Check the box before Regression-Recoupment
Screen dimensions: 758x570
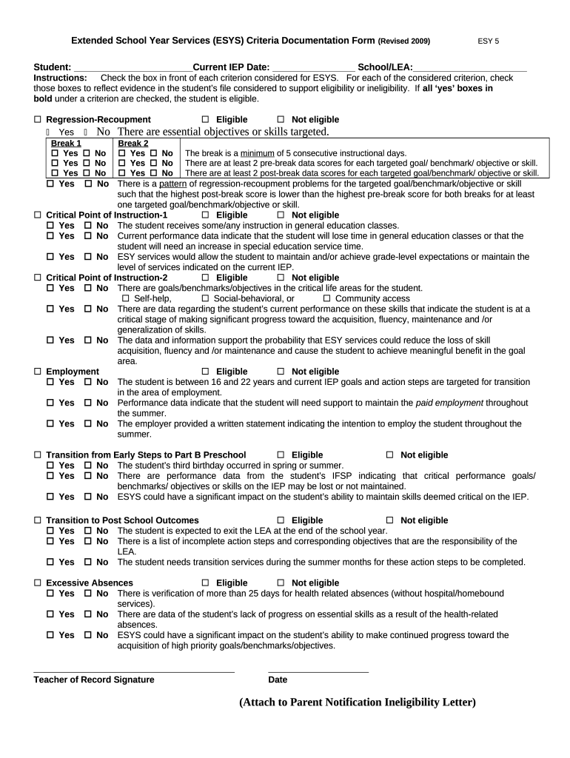[38, 120]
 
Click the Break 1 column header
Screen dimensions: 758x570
[66, 144]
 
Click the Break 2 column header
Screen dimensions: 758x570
[133, 144]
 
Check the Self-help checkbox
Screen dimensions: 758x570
[125, 299]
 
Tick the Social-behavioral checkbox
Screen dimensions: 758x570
[205, 299]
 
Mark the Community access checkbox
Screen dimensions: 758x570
[326, 299]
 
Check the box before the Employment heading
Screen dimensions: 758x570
[38, 372]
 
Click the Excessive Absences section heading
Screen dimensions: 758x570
[90, 583]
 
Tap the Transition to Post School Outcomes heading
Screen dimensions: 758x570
[122, 521]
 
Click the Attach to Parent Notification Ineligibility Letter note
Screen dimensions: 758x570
[357, 702]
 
